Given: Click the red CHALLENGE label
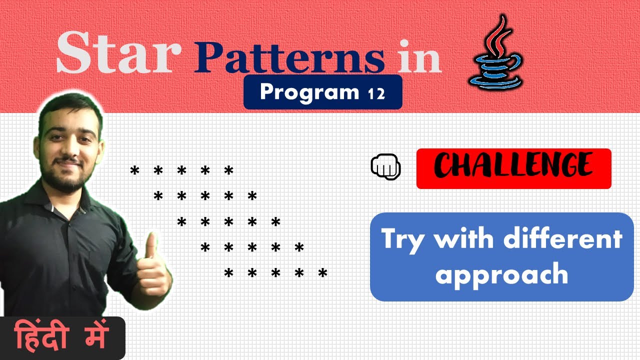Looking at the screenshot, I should (513, 168).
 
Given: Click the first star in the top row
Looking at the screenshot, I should (134, 171).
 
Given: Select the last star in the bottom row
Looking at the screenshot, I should (323, 273).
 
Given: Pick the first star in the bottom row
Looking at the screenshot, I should (229, 273).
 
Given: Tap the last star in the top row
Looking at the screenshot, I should (229, 171).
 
